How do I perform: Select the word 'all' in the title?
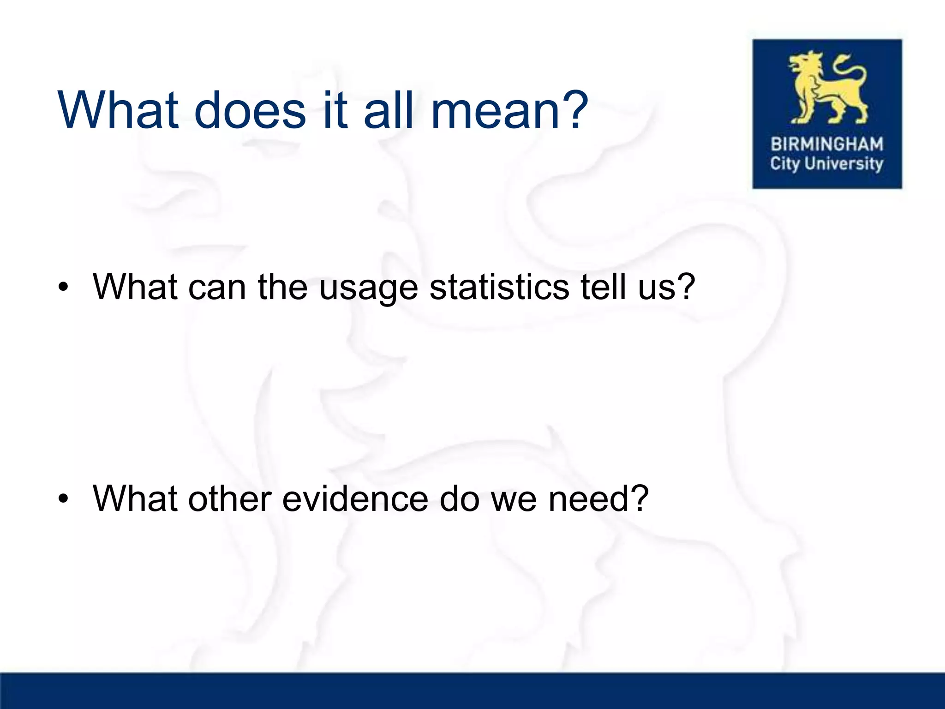389,111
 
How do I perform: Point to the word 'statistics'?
499,287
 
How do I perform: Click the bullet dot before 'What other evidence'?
63,499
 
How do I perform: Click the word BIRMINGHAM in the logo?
827,144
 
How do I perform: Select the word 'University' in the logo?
843,164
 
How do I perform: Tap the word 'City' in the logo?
784,164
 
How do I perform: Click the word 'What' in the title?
118,111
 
